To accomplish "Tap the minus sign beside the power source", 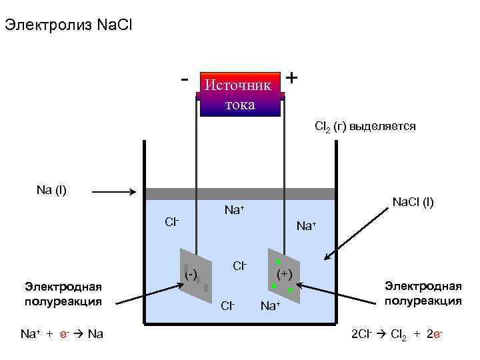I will pos(184,78).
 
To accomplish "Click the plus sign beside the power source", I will pos(291,77).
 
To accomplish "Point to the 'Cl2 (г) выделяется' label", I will pos(365,126).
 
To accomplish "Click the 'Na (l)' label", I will pos(51,190).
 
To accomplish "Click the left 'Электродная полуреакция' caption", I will pos(63,293).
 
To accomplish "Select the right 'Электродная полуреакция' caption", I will pos(423,293).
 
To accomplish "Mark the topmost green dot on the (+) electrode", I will pos(278,262).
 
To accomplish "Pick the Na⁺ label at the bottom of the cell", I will pos(271,306).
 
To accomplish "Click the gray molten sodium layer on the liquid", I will pos(239,194).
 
